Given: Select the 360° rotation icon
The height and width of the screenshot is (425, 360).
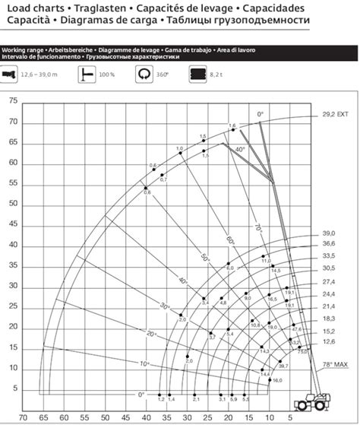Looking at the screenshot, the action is click(x=144, y=75).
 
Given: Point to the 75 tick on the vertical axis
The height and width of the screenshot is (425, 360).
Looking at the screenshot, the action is click(x=12, y=100).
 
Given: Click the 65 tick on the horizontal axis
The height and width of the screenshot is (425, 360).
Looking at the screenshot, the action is click(x=43, y=417).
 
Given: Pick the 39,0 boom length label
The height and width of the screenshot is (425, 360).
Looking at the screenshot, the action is click(x=329, y=233).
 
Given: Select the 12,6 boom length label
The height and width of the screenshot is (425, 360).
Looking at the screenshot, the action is click(x=329, y=342).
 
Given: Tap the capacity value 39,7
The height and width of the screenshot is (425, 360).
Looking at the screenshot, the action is click(x=283, y=366).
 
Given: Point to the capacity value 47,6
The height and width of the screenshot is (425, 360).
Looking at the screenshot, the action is click(x=296, y=329).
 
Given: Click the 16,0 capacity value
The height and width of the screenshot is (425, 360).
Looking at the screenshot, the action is click(x=277, y=380).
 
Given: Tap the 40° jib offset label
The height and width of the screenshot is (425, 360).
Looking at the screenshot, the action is click(x=241, y=150).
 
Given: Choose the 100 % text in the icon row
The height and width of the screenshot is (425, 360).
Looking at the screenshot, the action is click(x=106, y=75).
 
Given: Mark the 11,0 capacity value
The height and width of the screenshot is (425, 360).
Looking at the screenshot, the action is click(x=266, y=261).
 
